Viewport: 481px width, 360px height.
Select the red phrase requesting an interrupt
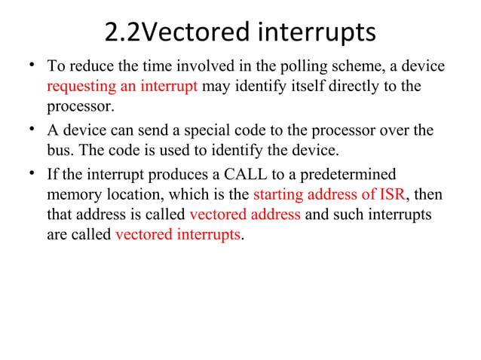122,86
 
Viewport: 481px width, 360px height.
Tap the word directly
342,86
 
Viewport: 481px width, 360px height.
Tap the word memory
73,195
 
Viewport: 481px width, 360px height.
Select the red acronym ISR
392,195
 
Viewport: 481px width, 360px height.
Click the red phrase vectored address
245,215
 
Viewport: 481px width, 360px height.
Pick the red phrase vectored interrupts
179,233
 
